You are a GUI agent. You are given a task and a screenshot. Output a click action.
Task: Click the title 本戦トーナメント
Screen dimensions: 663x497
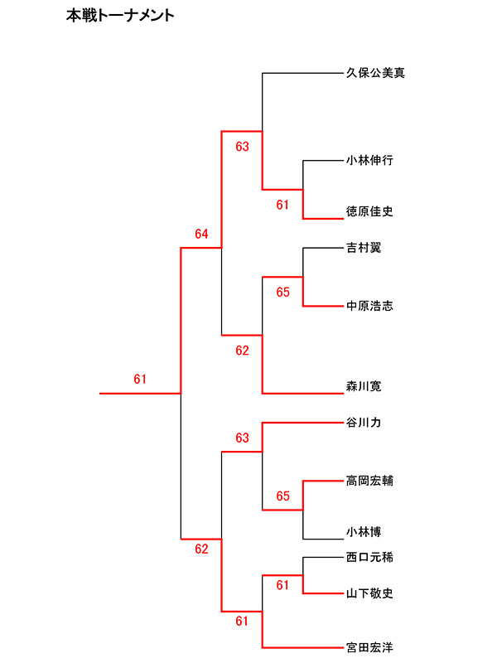[120, 16]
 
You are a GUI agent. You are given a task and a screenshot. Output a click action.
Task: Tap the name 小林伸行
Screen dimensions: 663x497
[369, 161]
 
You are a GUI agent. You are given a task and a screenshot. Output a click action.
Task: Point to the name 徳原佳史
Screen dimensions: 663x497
[369, 212]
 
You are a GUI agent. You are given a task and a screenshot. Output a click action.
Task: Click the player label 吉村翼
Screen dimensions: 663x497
[364, 248]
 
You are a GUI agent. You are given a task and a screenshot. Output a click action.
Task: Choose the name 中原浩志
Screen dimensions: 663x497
[369, 307]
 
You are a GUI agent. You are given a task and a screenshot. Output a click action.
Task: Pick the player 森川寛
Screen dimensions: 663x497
[364, 386]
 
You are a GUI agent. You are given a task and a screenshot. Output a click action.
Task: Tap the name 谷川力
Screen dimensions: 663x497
[364, 423]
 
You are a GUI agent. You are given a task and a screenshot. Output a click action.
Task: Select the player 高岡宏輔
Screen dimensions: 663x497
[369, 480]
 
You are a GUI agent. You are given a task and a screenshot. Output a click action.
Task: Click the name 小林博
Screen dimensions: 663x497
[364, 531]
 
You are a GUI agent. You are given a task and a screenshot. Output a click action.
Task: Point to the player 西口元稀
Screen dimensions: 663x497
[369, 558]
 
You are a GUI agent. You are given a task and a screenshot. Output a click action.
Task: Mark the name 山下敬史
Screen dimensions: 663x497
[369, 593]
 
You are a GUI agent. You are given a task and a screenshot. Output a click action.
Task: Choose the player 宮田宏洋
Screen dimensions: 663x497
[369, 646]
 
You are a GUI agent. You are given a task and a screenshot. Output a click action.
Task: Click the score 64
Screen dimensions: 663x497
[202, 235]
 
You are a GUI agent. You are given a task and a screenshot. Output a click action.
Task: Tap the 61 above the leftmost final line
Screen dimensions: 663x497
[140, 380]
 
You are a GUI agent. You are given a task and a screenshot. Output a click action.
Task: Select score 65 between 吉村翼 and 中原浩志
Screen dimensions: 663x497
[283, 293]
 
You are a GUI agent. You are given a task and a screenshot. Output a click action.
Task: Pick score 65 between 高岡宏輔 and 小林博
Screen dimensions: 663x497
[283, 496]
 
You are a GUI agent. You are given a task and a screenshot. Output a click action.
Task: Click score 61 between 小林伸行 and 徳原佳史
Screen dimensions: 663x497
[283, 205]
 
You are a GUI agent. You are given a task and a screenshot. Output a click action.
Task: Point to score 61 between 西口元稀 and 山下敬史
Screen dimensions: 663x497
[283, 586]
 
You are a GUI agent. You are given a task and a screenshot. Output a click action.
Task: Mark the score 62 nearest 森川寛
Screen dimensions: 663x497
[242, 351]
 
